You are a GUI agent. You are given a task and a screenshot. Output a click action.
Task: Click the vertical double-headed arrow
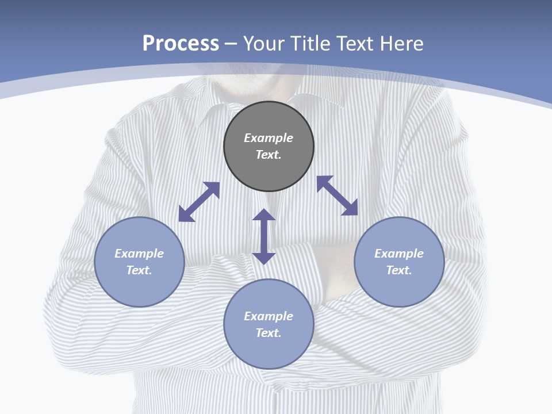(264, 237)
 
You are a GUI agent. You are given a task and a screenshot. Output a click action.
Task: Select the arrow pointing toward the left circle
(199, 202)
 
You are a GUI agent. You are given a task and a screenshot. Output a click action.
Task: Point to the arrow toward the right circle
(338, 195)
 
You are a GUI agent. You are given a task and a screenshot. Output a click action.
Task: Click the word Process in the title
(181, 44)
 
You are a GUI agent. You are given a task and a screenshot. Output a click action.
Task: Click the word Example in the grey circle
(269, 138)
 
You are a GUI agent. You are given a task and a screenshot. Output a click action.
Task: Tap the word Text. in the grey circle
(269, 155)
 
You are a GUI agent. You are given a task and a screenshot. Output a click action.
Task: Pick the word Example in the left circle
(139, 254)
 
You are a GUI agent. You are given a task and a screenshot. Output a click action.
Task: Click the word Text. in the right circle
(399, 270)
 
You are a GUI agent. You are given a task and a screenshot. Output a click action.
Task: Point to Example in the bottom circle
(269, 316)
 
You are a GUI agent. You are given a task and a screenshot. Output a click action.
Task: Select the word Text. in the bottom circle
(269, 333)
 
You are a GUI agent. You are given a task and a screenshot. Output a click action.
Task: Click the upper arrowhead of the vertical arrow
(264, 215)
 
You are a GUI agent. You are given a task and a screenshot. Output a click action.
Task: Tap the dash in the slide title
(231, 44)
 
